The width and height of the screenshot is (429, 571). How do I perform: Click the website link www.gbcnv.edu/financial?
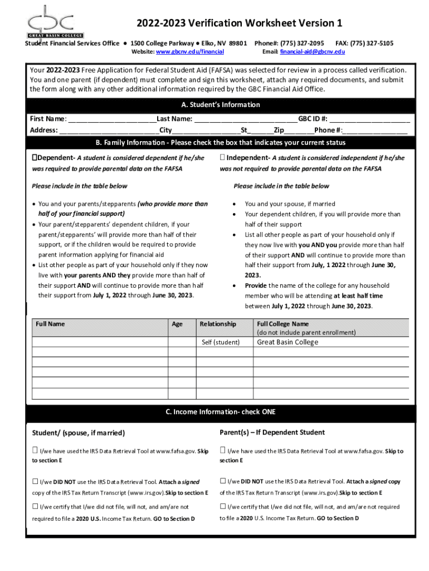(189, 51)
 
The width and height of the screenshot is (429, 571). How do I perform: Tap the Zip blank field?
(299, 131)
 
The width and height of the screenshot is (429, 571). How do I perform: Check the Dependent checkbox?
(35, 158)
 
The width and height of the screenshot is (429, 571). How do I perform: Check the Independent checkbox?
(222, 158)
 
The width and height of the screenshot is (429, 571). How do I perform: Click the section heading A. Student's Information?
(221, 105)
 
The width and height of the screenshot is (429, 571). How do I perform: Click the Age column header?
(177, 324)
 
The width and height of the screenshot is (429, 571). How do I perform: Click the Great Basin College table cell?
(287, 342)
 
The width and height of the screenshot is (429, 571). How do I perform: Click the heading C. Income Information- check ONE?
(221, 412)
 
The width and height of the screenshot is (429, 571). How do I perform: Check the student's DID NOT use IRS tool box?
(35, 481)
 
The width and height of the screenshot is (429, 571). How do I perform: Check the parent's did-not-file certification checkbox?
(223, 507)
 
